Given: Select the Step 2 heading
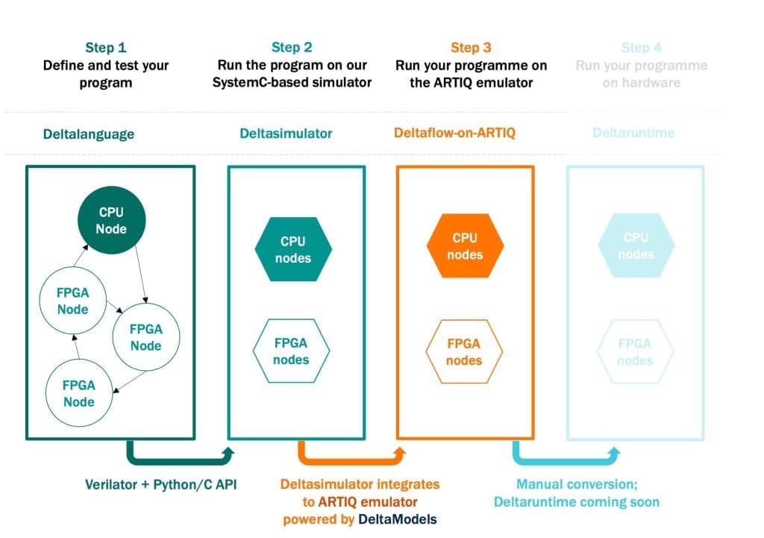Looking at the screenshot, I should (292, 48).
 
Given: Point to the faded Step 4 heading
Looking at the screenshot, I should (641, 48).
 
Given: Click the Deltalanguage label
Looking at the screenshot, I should (88, 134).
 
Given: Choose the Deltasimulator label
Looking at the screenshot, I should (286, 134).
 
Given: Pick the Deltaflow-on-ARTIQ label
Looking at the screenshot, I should (454, 134).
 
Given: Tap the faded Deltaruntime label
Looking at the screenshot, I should (633, 133).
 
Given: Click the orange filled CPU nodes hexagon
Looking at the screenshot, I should (465, 246).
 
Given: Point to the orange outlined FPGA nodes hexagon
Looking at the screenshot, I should (464, 352).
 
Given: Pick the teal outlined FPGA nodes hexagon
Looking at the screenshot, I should (291, 351).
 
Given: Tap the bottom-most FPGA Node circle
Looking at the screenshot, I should (79, 393).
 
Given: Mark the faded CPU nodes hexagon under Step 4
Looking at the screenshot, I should (636, 246).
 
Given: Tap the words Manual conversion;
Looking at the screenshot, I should (577, 484).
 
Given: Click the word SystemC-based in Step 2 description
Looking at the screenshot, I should (252, 82).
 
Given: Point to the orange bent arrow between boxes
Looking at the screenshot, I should (351, 455).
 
